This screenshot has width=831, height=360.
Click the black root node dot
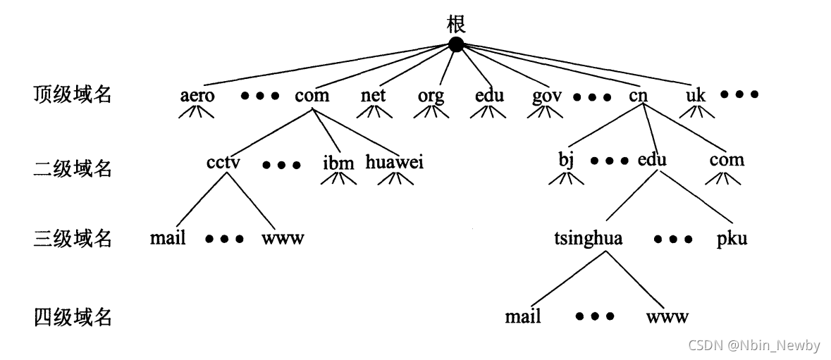456,45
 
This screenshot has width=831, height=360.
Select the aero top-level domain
197,95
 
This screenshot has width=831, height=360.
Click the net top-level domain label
373,95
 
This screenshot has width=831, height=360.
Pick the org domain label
431,96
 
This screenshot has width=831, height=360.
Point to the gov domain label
548,96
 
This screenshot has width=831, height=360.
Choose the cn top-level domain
639,95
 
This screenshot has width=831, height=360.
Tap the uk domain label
695,95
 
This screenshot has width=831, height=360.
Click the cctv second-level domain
224,163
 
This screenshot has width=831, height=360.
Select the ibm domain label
338,163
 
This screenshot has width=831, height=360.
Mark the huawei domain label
395,163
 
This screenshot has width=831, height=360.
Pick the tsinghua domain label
589,239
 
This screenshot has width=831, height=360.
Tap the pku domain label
732,239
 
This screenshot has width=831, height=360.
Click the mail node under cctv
168,237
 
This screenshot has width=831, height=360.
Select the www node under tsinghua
667,316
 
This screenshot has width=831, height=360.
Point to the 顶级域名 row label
73,94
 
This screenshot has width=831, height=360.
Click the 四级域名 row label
73,317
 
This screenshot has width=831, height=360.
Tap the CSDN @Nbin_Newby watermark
754,345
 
